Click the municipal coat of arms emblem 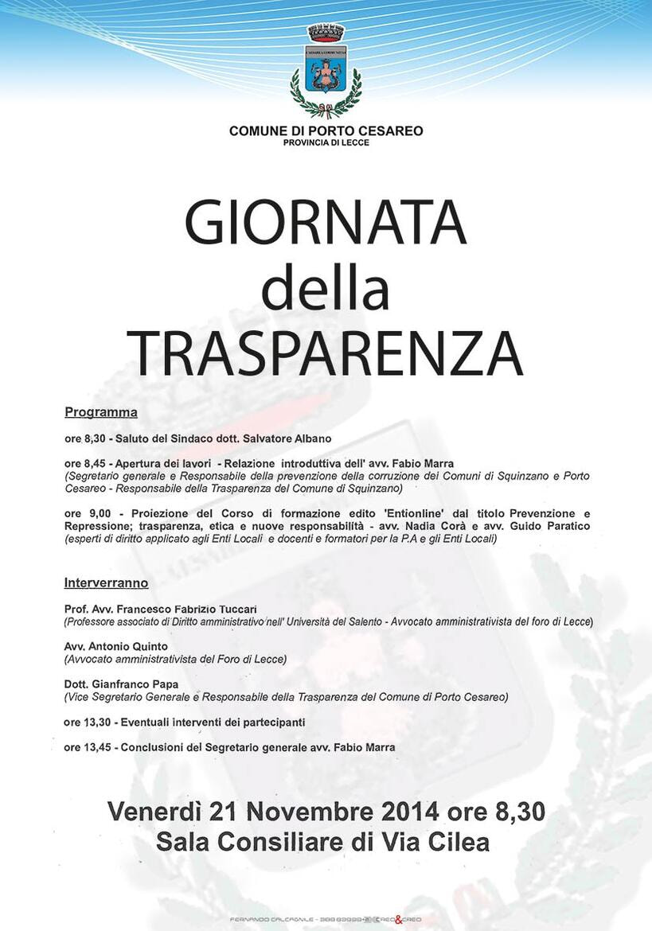(326, 71)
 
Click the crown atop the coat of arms (326, 33)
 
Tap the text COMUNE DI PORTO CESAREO (326, 130)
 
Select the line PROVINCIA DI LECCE (326, 142)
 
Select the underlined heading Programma (101, 412)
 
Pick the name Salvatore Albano (287, 438)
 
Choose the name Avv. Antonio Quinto (116, 646)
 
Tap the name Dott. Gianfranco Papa (121, 684)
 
